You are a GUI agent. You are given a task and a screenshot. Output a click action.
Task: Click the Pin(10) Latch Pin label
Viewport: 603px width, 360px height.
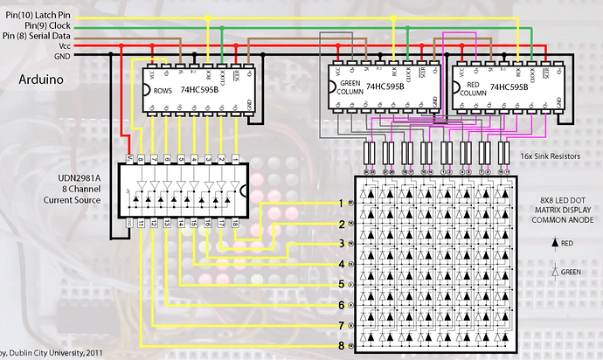point(38,14)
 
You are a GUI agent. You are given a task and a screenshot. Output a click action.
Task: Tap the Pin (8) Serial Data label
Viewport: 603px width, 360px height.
point(39,35)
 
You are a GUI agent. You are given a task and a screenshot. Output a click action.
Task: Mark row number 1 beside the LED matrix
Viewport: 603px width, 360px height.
point(342,203)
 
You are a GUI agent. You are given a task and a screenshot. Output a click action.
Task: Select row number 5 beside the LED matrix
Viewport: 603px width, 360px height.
point(342,285)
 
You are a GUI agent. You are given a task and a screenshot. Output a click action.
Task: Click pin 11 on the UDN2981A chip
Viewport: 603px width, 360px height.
point(140,225)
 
